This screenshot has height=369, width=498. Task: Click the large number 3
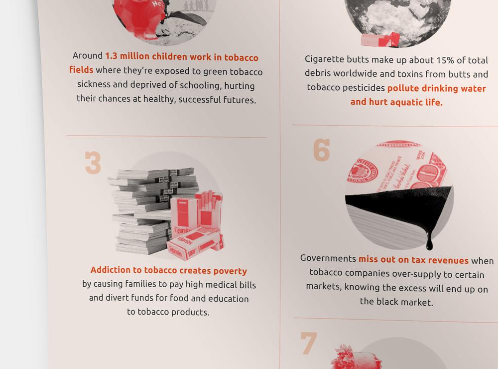(x=93, y=163)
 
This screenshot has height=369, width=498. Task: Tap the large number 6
(x=321, y=150)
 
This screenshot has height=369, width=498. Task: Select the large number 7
(x=308, y=343)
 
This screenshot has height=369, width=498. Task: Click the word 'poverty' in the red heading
(x=230, y=271)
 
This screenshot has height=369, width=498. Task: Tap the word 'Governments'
(x=328, y=258)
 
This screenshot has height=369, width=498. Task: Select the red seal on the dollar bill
(x=363, y=171)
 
